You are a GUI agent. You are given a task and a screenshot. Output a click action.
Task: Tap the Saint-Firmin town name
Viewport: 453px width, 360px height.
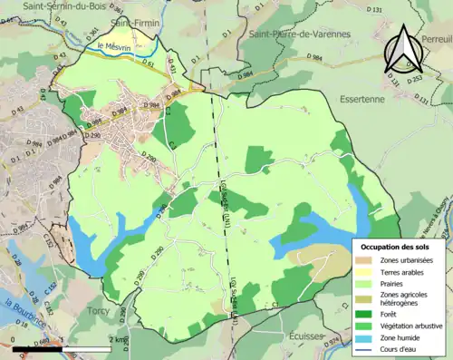coord(129,21)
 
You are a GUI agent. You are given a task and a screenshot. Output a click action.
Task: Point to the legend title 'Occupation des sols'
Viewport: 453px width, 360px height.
coord(397,247)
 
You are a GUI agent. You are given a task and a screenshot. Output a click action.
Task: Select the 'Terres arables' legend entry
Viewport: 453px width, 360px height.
coord(404,273)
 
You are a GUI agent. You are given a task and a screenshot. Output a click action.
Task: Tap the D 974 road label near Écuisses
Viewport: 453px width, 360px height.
coord(333,342)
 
